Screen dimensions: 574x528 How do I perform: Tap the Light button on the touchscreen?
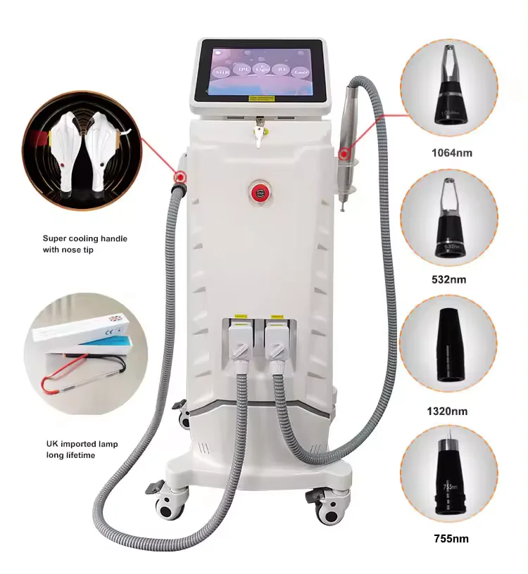point(263,69)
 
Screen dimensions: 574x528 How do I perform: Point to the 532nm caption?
point(449,280)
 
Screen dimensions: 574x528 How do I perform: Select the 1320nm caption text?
point(448,410)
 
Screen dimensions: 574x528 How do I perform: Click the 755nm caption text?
point(449,540)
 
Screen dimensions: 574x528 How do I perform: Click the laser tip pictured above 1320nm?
point(448,345)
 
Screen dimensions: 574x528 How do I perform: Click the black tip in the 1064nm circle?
point(448,106)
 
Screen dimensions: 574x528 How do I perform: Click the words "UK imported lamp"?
point(79,445)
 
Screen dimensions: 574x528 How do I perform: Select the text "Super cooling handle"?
point(84,238)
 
